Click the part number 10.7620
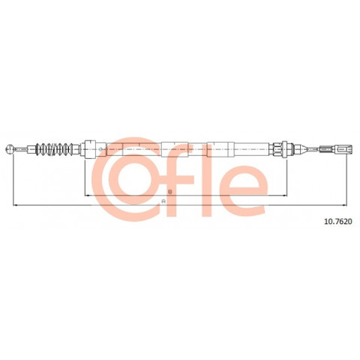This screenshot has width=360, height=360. pyautogui.click(x=338, y=221)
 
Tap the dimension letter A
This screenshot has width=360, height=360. pyautogui.click(x=163, y=201)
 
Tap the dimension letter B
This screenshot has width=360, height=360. pyautogui.click(x=170, y=192)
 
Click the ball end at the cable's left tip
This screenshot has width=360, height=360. pyautogui.click(x=10, y=149)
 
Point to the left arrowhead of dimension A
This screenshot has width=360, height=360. pyautogui.click(x=15, y=205)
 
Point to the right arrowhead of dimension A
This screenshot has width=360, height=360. pyautogui.click(x=344, y=205)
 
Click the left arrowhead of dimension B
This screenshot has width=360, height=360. pyautogui.click(x=87, y=196)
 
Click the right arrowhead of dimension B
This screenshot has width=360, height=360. pyautogui.click(x=284, y=196)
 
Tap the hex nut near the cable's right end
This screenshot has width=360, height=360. pyautogui.click(x=277, y=149)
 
